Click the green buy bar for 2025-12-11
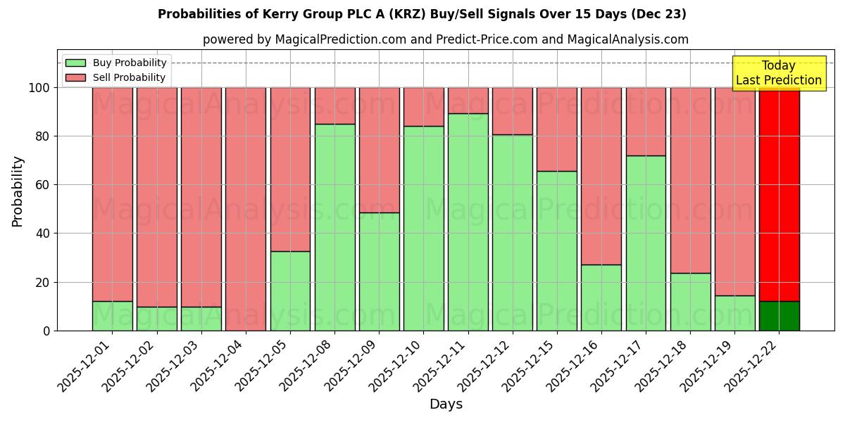click(468, 222)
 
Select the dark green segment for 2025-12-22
click(780, 316)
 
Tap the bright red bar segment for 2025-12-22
click(780, 194)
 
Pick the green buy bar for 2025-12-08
click(334, 227)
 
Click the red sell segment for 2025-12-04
click(246, 209)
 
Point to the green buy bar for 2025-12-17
click(646, 243)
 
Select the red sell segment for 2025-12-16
click(601, 176)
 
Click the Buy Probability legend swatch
click(75, 63)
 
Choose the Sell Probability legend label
click(129, 77)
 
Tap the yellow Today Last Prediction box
click(779, 73)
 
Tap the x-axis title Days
click(446, 404)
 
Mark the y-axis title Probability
click(18, 191)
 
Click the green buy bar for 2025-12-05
click(290, 290)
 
